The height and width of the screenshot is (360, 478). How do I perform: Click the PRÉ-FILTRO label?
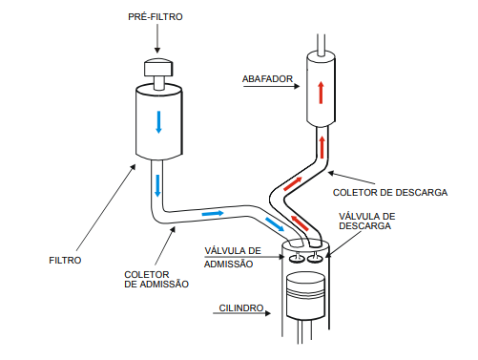(156, 16)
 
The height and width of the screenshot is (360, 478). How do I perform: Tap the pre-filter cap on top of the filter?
(158, 68)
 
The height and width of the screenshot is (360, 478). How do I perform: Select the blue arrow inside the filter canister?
(158, 122)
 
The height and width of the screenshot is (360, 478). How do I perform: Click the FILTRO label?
(65, 261)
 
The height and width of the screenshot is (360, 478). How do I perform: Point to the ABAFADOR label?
(267, 79)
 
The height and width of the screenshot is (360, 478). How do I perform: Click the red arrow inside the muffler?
(321, 93)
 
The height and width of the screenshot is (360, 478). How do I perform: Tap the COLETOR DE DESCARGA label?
(390, 193)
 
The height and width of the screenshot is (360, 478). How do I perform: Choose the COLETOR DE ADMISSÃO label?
(156, 279)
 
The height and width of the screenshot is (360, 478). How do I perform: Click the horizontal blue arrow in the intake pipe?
(213, 213)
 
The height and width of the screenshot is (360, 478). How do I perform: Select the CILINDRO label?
(241, 308)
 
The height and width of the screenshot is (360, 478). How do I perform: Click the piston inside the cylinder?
(305, 296)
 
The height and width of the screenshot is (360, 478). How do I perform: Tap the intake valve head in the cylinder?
(297, 259)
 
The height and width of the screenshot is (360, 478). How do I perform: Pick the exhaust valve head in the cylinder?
(315, 259)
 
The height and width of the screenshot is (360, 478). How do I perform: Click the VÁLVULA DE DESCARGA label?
(367, 222)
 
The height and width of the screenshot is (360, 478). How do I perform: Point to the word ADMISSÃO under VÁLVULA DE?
(228, 265)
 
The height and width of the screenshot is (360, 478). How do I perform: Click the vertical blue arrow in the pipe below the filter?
(157, 185)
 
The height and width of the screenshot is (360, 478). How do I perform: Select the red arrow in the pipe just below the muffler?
(322, 147)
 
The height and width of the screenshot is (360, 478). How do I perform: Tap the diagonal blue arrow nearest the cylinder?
(275, 224)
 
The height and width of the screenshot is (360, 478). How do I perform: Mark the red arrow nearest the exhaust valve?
(300, 223)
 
